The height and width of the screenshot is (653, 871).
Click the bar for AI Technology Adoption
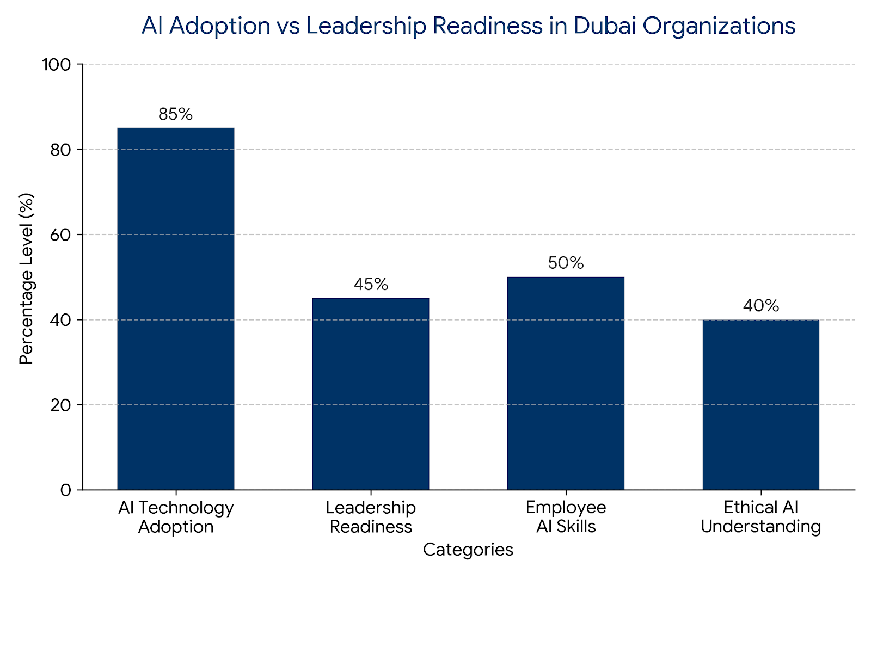(x=176, y=309)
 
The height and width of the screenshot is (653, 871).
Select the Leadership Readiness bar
(x=371, y=394)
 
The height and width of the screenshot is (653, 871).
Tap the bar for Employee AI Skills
(x=566, y=383)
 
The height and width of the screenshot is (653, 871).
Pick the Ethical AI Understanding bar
(x=760, y=404)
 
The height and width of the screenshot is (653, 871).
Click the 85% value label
(x=176, y=114)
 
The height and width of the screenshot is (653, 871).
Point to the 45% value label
(x=371, y=285)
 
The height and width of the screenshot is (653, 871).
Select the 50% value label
(x=566, y=263)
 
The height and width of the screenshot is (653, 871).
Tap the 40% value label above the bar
(x=760, y=306)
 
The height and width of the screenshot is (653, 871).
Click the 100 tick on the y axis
(x=57, y=65)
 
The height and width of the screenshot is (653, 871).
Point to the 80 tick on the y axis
(x=60, y=150)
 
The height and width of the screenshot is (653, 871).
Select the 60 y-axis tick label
(x=60, y=235)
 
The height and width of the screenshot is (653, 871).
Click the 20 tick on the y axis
(x=60, y=405)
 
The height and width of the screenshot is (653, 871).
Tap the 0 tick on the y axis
(x=66, y=490)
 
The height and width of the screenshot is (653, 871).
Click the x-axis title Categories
(x=468, y=550)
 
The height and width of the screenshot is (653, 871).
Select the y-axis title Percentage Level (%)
(x=26, y=279)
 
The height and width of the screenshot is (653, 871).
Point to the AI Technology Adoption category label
(x=176, y=517)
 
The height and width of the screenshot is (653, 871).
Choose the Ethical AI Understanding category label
(x=760, y=517)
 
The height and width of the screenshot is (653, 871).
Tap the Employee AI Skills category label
(x=566, y=517)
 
